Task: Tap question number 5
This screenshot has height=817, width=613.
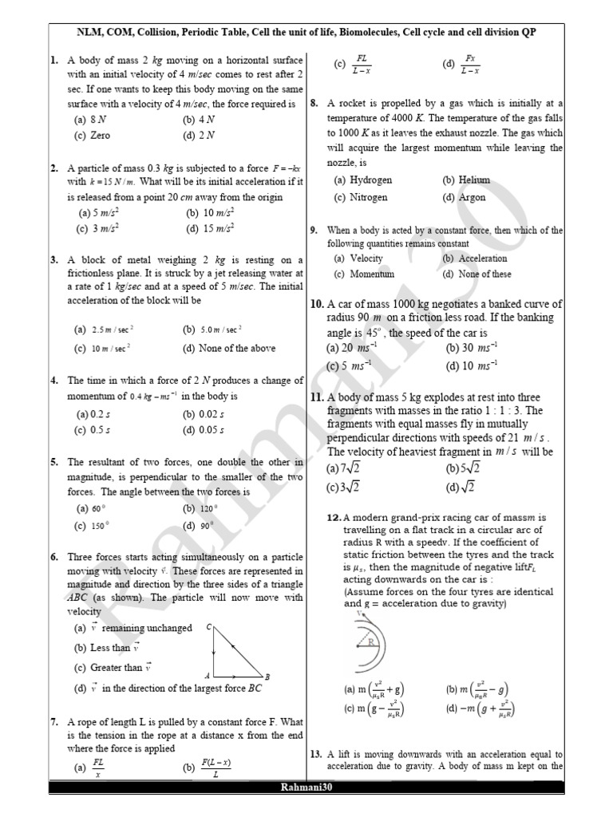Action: [x=53, y=462]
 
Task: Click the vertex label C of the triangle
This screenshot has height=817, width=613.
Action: [x=209, y=628]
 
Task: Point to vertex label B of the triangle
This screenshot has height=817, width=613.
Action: [x=267, y=677]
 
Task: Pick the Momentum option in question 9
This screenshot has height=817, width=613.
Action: [x=364, y=274]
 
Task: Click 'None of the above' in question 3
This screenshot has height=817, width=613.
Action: [x=228, y=348]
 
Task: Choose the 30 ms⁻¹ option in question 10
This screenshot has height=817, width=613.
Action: [x=471, y=348]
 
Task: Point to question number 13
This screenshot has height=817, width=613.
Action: [x=315, y=754]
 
